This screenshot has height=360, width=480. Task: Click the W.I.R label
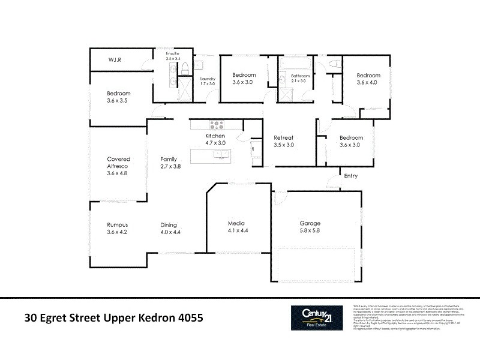[x=116, y=60]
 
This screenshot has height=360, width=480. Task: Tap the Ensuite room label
[x=173, y=54]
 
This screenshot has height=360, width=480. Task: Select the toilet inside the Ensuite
[x=186, y=66]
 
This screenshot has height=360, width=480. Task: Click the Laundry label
[x=208, y=79]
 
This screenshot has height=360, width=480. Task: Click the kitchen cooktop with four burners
[x=215, y=125]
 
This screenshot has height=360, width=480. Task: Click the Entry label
[x=350, y=175]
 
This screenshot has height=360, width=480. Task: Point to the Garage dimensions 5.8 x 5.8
[x=310, y=230]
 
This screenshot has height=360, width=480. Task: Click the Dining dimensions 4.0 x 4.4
[x=170, y=232]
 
